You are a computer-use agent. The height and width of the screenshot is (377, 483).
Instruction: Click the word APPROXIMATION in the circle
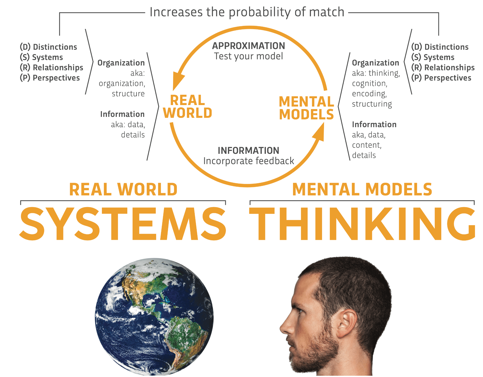pos(249,46)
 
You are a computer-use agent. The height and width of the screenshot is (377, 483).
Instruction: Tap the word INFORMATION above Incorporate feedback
pos(249,151)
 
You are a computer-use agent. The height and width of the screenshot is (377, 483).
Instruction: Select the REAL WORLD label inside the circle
pos(188,107)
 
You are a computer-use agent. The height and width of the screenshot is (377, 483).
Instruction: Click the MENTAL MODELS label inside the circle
pos(306,108)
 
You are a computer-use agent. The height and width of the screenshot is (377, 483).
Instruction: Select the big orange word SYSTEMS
pos(123,224)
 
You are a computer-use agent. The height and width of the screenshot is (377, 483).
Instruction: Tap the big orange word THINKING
pos(362,224)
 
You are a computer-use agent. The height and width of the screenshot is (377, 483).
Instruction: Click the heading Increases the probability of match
pos(247,12)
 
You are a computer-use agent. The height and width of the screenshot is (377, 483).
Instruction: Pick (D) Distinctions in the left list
pos(49,47)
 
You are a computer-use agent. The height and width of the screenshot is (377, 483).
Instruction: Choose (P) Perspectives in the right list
pos(441,78)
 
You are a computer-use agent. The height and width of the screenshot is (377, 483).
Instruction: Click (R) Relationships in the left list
pos(52,68)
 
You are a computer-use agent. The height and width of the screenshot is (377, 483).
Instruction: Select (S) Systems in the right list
pos(433,57)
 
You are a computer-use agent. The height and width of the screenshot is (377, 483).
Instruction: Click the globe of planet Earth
pos(154,317)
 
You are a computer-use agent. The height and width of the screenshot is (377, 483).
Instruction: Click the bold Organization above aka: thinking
pos(375,63)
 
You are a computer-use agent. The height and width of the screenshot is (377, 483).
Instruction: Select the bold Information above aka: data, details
pos(122,114)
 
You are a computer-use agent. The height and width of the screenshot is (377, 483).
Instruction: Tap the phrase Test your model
pos(249,56)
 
